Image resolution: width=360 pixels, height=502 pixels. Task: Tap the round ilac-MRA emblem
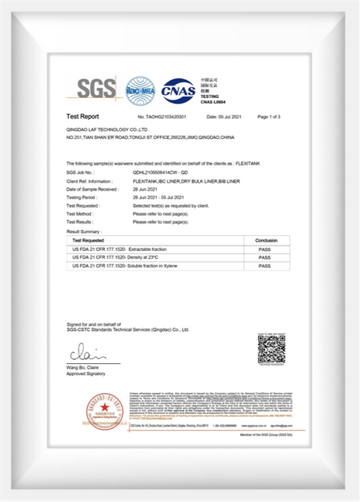(141, 90)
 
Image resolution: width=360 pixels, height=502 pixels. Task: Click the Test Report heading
(82, 116)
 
